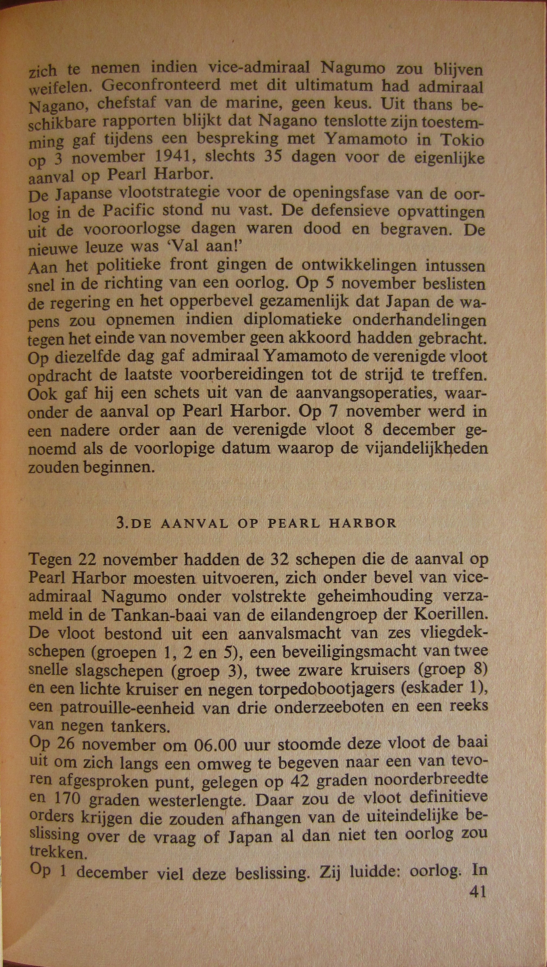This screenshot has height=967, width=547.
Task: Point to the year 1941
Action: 171,157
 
